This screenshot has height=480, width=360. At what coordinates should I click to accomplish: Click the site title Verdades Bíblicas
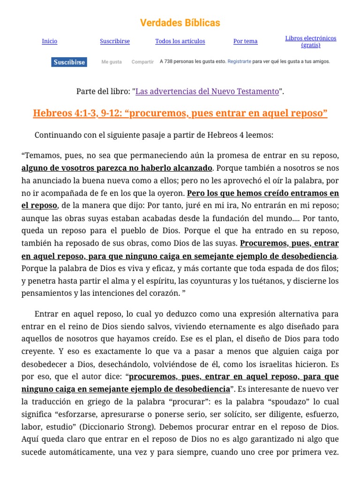180,22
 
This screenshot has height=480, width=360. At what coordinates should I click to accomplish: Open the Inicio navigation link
50,41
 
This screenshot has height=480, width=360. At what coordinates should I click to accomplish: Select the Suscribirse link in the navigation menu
115,41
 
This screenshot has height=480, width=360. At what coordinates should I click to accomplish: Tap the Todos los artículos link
180,41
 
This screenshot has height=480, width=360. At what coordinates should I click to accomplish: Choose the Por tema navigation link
245,41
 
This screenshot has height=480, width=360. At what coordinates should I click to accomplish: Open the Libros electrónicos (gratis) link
311,42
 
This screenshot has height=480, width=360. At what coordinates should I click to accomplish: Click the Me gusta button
112,62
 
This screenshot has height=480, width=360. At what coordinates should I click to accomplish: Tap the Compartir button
142,62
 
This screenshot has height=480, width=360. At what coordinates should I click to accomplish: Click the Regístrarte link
239,61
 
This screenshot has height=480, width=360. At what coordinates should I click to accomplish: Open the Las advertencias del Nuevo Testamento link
207,91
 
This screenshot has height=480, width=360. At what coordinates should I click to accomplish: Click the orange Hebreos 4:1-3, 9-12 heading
180,113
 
